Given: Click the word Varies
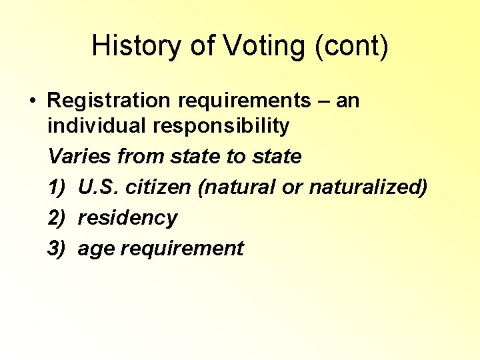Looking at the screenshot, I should (x=80, y=157).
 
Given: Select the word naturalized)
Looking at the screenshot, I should (x=367, y=187).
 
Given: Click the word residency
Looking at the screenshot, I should (x=127, y=218).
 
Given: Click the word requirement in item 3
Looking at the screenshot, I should (x=179, y=249).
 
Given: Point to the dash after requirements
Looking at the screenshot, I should (x=324, y=101).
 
